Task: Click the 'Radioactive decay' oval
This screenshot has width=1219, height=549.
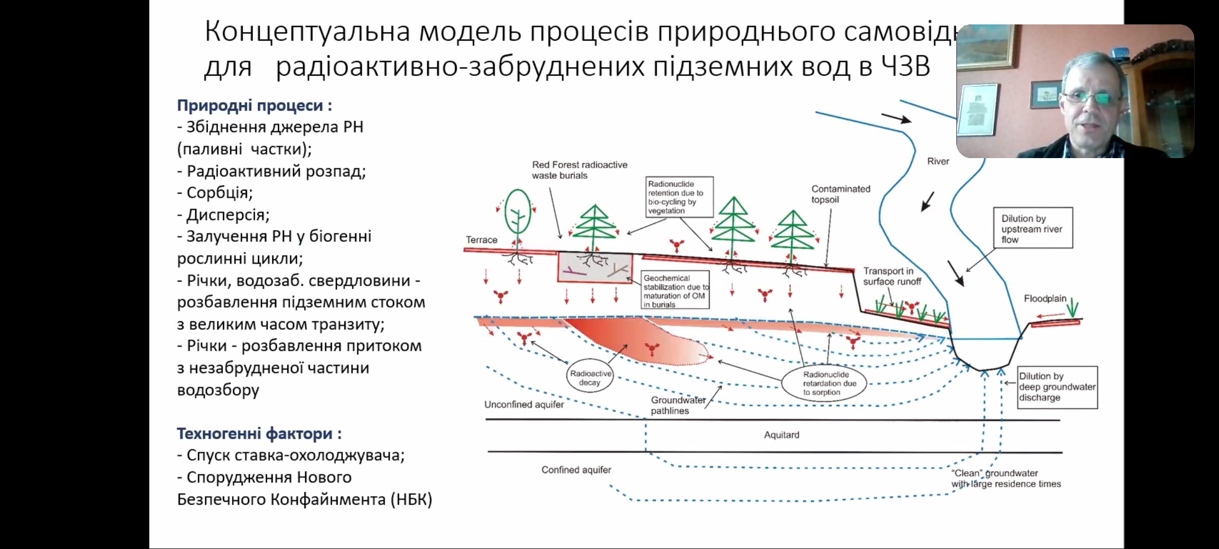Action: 590,378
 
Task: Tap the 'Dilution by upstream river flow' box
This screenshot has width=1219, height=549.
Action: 1033,228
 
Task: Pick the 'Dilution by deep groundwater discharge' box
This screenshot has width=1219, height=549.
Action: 1057,387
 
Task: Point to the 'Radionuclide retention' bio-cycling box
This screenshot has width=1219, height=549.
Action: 679,197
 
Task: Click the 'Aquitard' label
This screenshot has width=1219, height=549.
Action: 781,435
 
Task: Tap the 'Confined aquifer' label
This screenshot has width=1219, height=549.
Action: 576,470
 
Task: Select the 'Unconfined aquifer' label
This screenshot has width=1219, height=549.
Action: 524,405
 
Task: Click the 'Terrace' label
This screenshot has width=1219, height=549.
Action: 482,240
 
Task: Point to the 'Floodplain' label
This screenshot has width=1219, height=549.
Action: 1045,299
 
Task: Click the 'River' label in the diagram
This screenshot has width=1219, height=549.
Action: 938,162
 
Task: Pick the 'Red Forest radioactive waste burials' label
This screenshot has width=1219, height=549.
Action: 579,170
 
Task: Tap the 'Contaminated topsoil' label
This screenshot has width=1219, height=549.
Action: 840,194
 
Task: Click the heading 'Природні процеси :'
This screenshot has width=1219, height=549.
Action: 254,105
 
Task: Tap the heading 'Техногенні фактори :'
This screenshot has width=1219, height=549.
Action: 259,434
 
